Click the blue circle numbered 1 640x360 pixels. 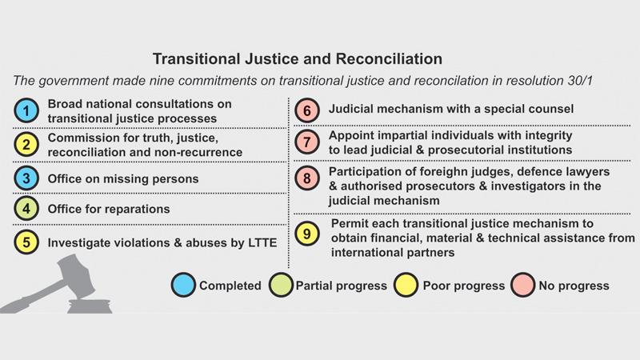[26, 110]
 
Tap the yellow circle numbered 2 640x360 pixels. [26, 145]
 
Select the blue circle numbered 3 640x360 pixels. [26, 178]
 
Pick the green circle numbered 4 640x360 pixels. [26, 209]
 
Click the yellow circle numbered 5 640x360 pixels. [26, 242]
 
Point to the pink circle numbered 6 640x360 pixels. [307, 110]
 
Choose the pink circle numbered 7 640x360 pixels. [307, 142]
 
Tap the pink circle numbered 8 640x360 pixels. [307, 178]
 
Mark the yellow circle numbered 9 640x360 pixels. [307, 234]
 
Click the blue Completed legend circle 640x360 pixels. [183, 285]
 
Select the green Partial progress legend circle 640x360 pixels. [281, 285]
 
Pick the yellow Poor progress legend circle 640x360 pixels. [406, 285]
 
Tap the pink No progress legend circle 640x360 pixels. [523, 285]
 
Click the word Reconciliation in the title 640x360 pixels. [389, 59]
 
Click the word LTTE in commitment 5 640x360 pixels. [262, 243]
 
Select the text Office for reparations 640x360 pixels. [109, 209]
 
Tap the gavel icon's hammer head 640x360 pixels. [75, 273]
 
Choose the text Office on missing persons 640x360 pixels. [123, 178]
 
